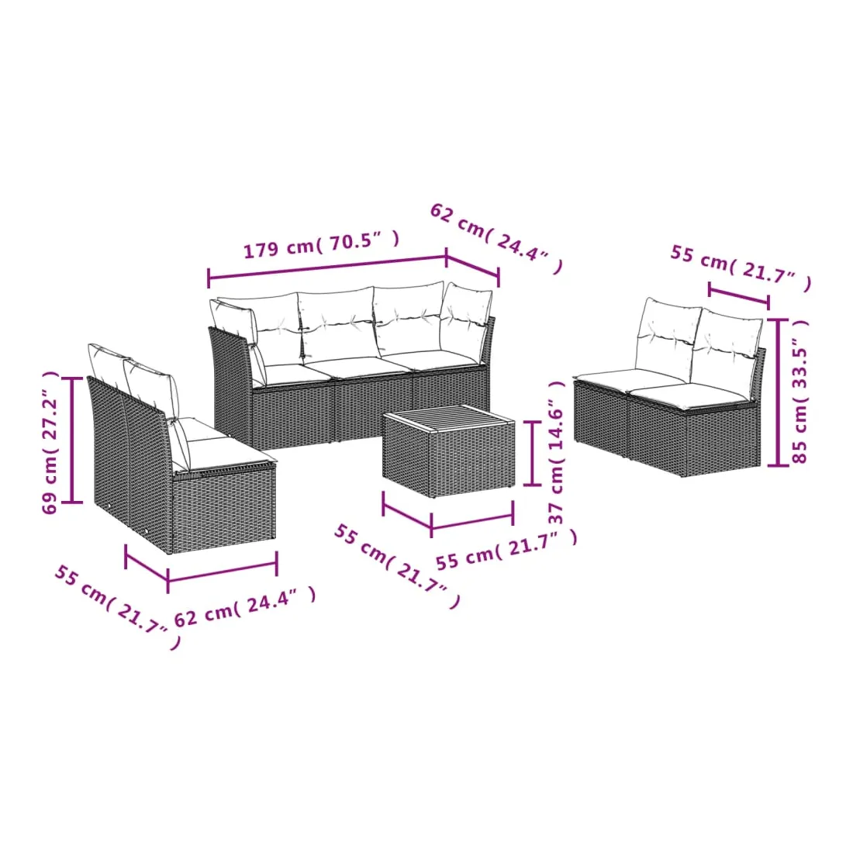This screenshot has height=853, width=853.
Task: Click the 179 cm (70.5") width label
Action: [321, 244]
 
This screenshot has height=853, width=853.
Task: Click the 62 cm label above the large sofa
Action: [495, 238]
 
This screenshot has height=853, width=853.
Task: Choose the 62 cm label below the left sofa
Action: [245, 606]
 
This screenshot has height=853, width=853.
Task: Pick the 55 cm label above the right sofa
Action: [741, 268]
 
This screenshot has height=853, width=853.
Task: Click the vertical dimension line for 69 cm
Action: [72, 440]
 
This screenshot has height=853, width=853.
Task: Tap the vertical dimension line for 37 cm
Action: [532, 453]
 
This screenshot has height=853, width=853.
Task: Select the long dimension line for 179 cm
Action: [327, 267]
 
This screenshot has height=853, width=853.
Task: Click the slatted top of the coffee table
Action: [449, 418]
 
